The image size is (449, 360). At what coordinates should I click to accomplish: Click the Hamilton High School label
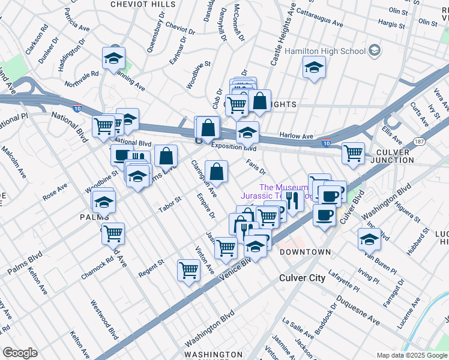[x=325, y=51]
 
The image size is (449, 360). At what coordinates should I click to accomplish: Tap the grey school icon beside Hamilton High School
[x=375, y=49]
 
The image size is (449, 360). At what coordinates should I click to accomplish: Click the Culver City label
[x=303, y=278]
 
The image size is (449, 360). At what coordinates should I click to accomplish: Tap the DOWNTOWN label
[x=305, y=252]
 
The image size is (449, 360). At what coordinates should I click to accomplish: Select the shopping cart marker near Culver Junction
[x=354, y=152]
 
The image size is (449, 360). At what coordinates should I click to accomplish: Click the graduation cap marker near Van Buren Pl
[x=369, y=238]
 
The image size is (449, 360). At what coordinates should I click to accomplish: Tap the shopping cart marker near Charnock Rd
[x=113, y=233]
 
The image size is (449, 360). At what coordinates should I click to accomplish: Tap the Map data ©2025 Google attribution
[x=412, y=355]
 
